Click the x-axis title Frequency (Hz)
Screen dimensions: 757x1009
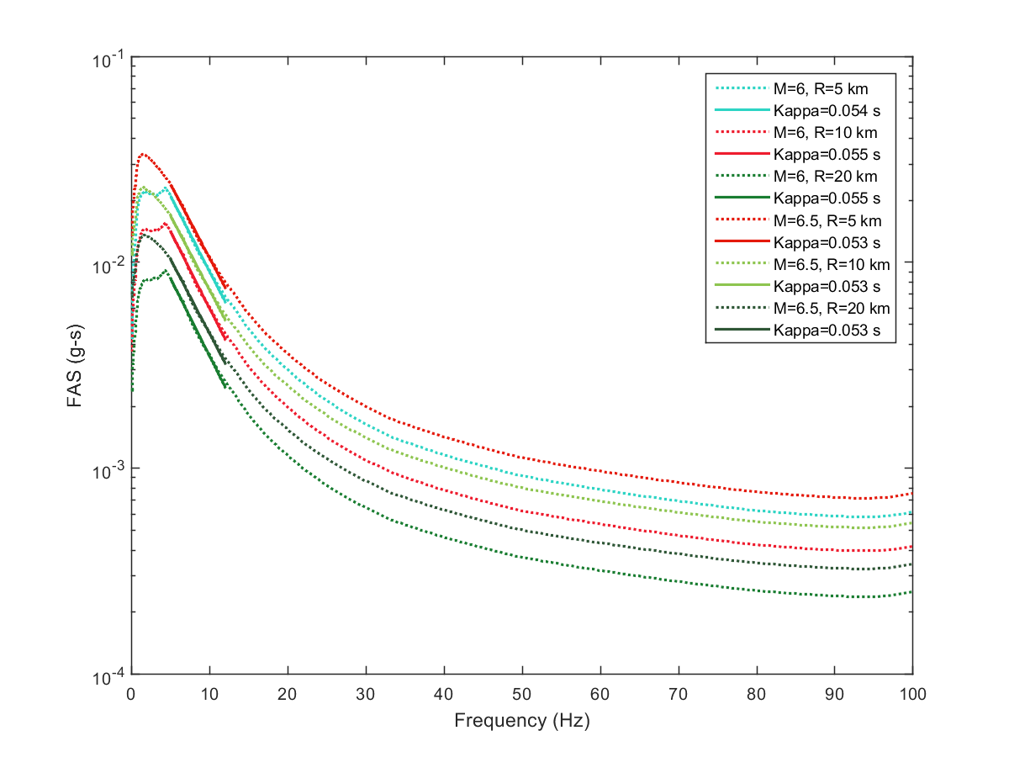point(521,721)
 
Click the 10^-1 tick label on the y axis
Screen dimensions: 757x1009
point(108,60)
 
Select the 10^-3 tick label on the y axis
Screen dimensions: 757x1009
point(108,468)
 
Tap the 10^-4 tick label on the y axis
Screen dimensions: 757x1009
point(108,674)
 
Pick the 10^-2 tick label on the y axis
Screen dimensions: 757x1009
point(108,265)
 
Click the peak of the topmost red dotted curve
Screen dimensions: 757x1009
point(144,154)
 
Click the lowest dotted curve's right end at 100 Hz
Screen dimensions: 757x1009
point(912,592)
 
